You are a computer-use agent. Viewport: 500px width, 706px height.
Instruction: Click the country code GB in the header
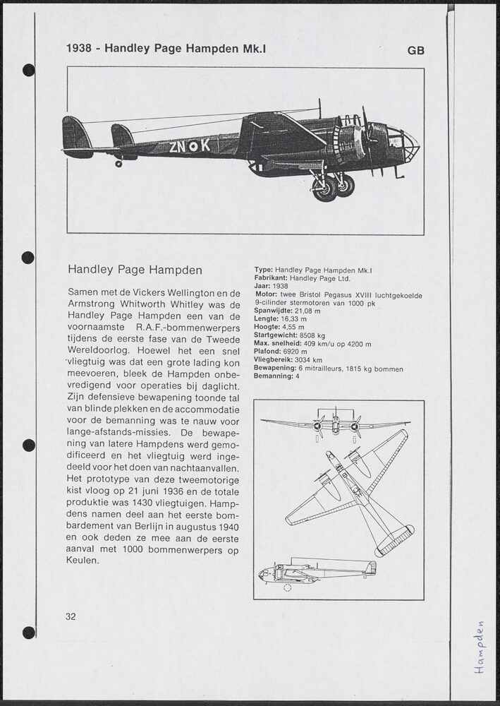[415, 50]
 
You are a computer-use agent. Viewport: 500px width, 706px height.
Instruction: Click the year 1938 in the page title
[79, 49]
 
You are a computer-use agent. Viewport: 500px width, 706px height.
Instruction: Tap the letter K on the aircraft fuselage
[205, 145]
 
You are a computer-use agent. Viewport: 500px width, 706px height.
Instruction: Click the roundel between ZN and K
[191, 146]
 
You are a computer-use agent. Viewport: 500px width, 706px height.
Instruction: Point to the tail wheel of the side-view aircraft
[118, 164]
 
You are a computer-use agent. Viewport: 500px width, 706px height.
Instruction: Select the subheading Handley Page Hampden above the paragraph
[135, 270]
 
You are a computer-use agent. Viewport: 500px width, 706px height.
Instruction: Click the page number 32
[71, 616]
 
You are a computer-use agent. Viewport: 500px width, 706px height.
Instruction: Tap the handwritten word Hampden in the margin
[480, 648]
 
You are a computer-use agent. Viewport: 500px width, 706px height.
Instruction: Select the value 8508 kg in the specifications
[312, 336]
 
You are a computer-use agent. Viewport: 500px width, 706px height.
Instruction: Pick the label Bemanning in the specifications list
[273, 376]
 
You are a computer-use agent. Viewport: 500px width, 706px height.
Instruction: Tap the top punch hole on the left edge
[29, 70]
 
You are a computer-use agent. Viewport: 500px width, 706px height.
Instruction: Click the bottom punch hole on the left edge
[29, 632]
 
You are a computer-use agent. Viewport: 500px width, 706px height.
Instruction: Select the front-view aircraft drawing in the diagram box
[335, 424]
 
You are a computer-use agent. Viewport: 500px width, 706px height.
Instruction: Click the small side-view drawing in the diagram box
[317, 570]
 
